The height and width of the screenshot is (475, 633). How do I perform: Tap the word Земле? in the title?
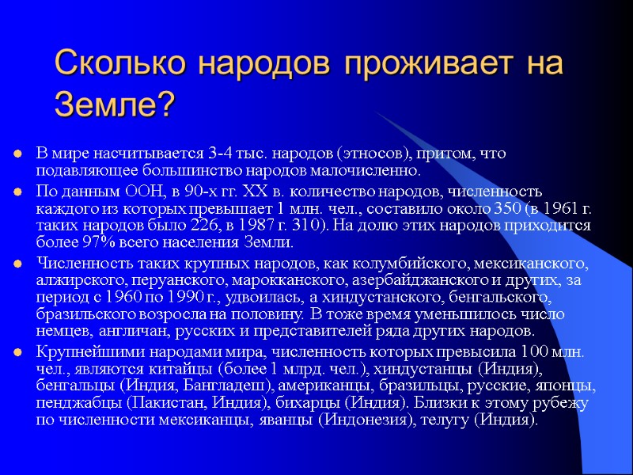114,103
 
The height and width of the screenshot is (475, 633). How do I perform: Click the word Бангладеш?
217,386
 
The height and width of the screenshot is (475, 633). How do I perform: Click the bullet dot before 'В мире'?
16,153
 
